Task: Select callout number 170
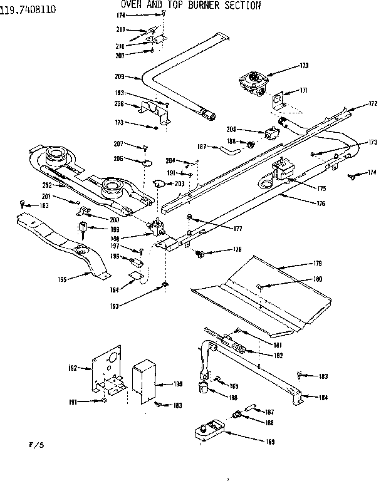[x=304, y=65]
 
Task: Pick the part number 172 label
[x=372, y=103]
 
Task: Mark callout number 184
[x=323, y=397]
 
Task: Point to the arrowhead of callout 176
[x=278, y=195]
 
